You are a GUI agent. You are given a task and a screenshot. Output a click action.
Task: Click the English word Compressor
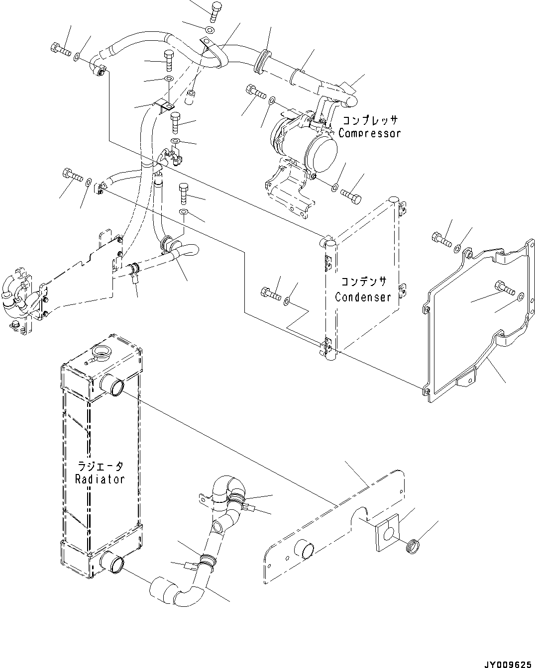pos(369,133)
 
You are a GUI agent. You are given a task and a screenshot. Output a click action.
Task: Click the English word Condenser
pos(363,297)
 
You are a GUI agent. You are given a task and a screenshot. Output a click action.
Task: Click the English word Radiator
pos(100,479)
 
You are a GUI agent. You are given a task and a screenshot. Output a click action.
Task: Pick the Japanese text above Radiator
pos(100,467)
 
